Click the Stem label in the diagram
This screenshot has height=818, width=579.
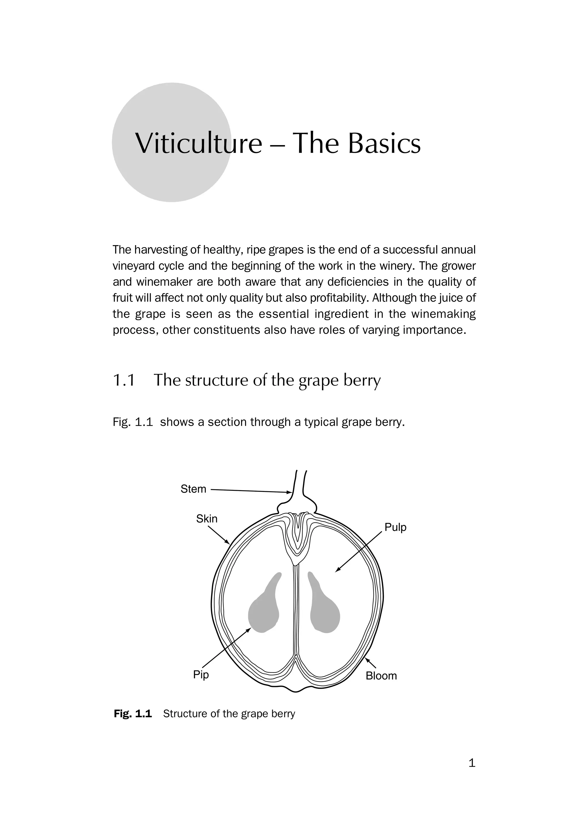[193, 489]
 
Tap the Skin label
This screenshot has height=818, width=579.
[207, 519]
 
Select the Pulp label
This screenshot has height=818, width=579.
[395, 527]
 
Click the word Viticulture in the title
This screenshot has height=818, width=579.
[199, 143]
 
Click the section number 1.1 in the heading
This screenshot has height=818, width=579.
[124, 380]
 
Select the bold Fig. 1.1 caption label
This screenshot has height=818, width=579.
[133, 714]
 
